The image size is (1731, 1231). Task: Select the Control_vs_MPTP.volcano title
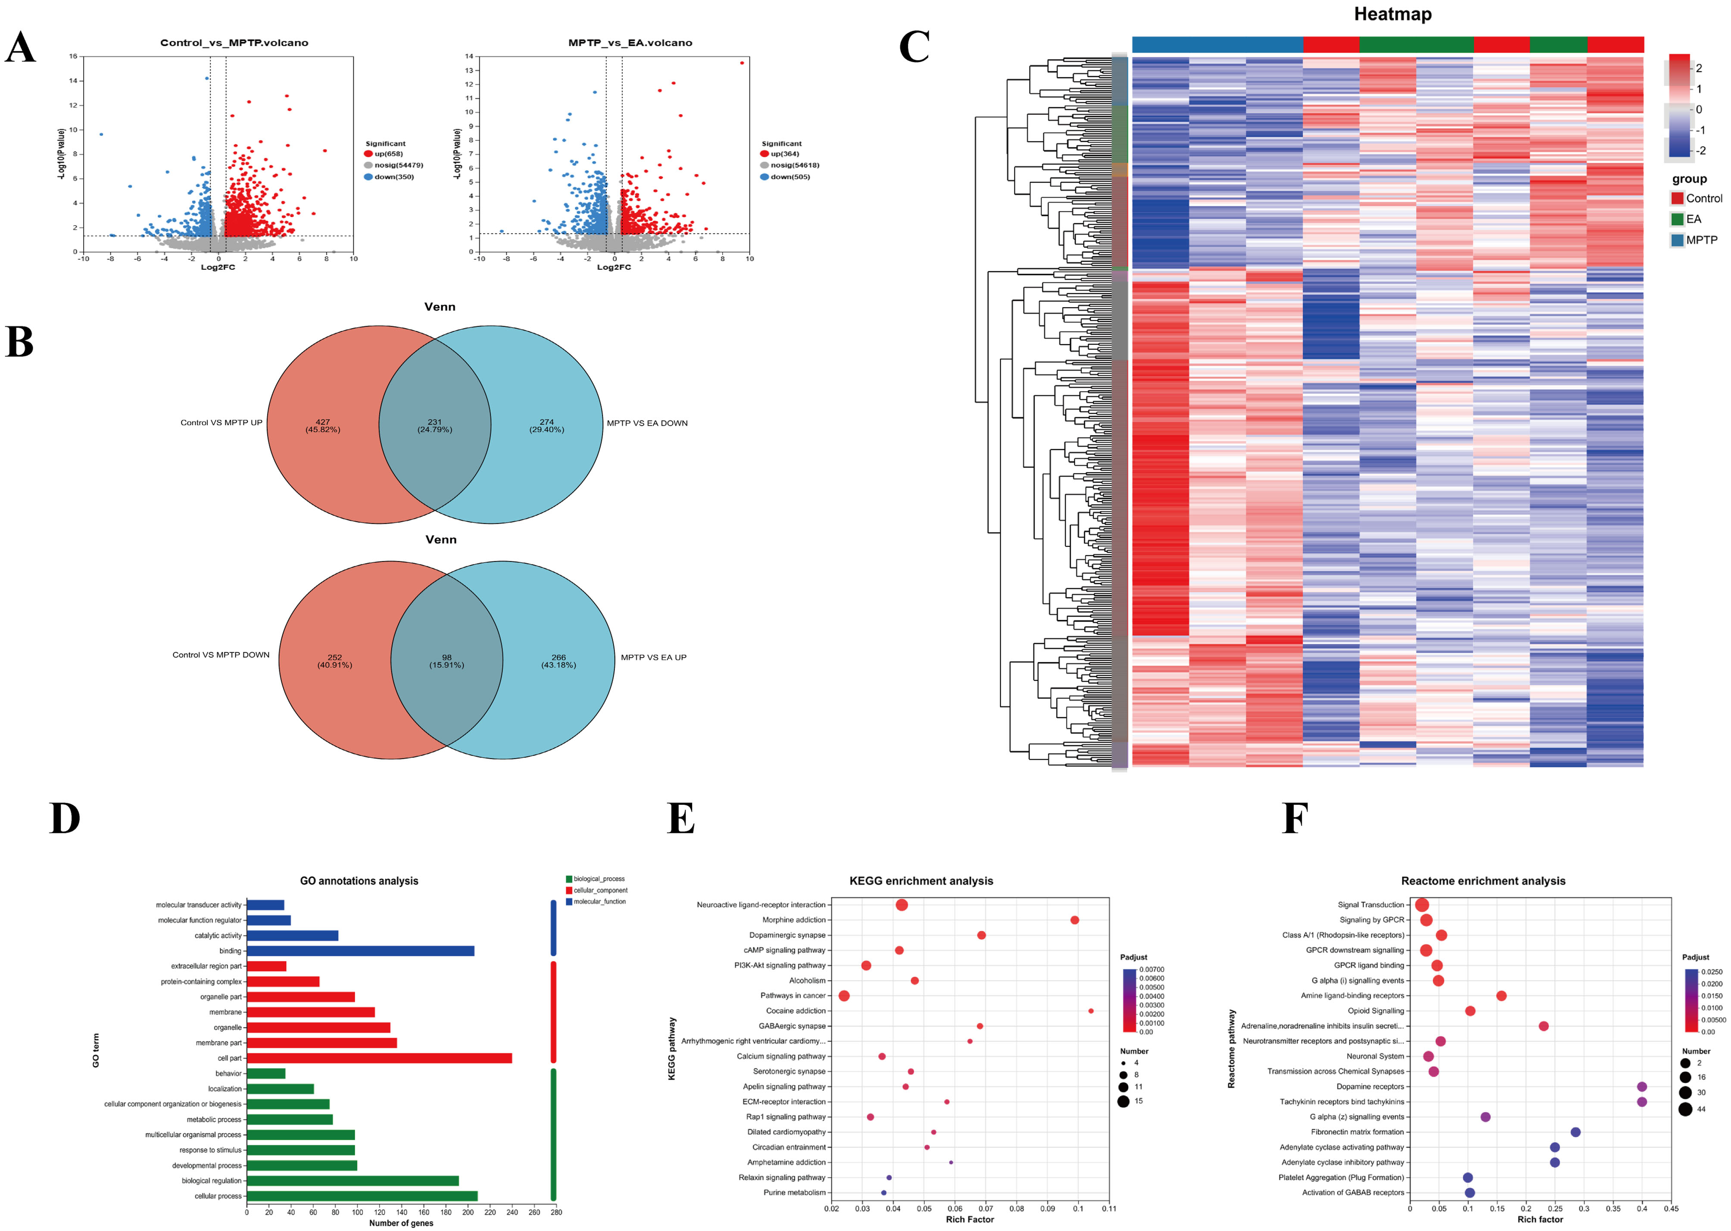tap(234, 43)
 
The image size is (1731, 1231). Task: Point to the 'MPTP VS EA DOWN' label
tap(647, 423)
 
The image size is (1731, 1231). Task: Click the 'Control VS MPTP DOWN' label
tap(221, 655)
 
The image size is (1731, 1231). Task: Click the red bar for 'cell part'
tap(379, 1058)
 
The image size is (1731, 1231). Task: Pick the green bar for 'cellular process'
tap(362, 1196)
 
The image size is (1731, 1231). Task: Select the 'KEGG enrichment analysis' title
tap(921, 881)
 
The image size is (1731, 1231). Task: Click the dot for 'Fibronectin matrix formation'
tap(1575, 1132)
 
